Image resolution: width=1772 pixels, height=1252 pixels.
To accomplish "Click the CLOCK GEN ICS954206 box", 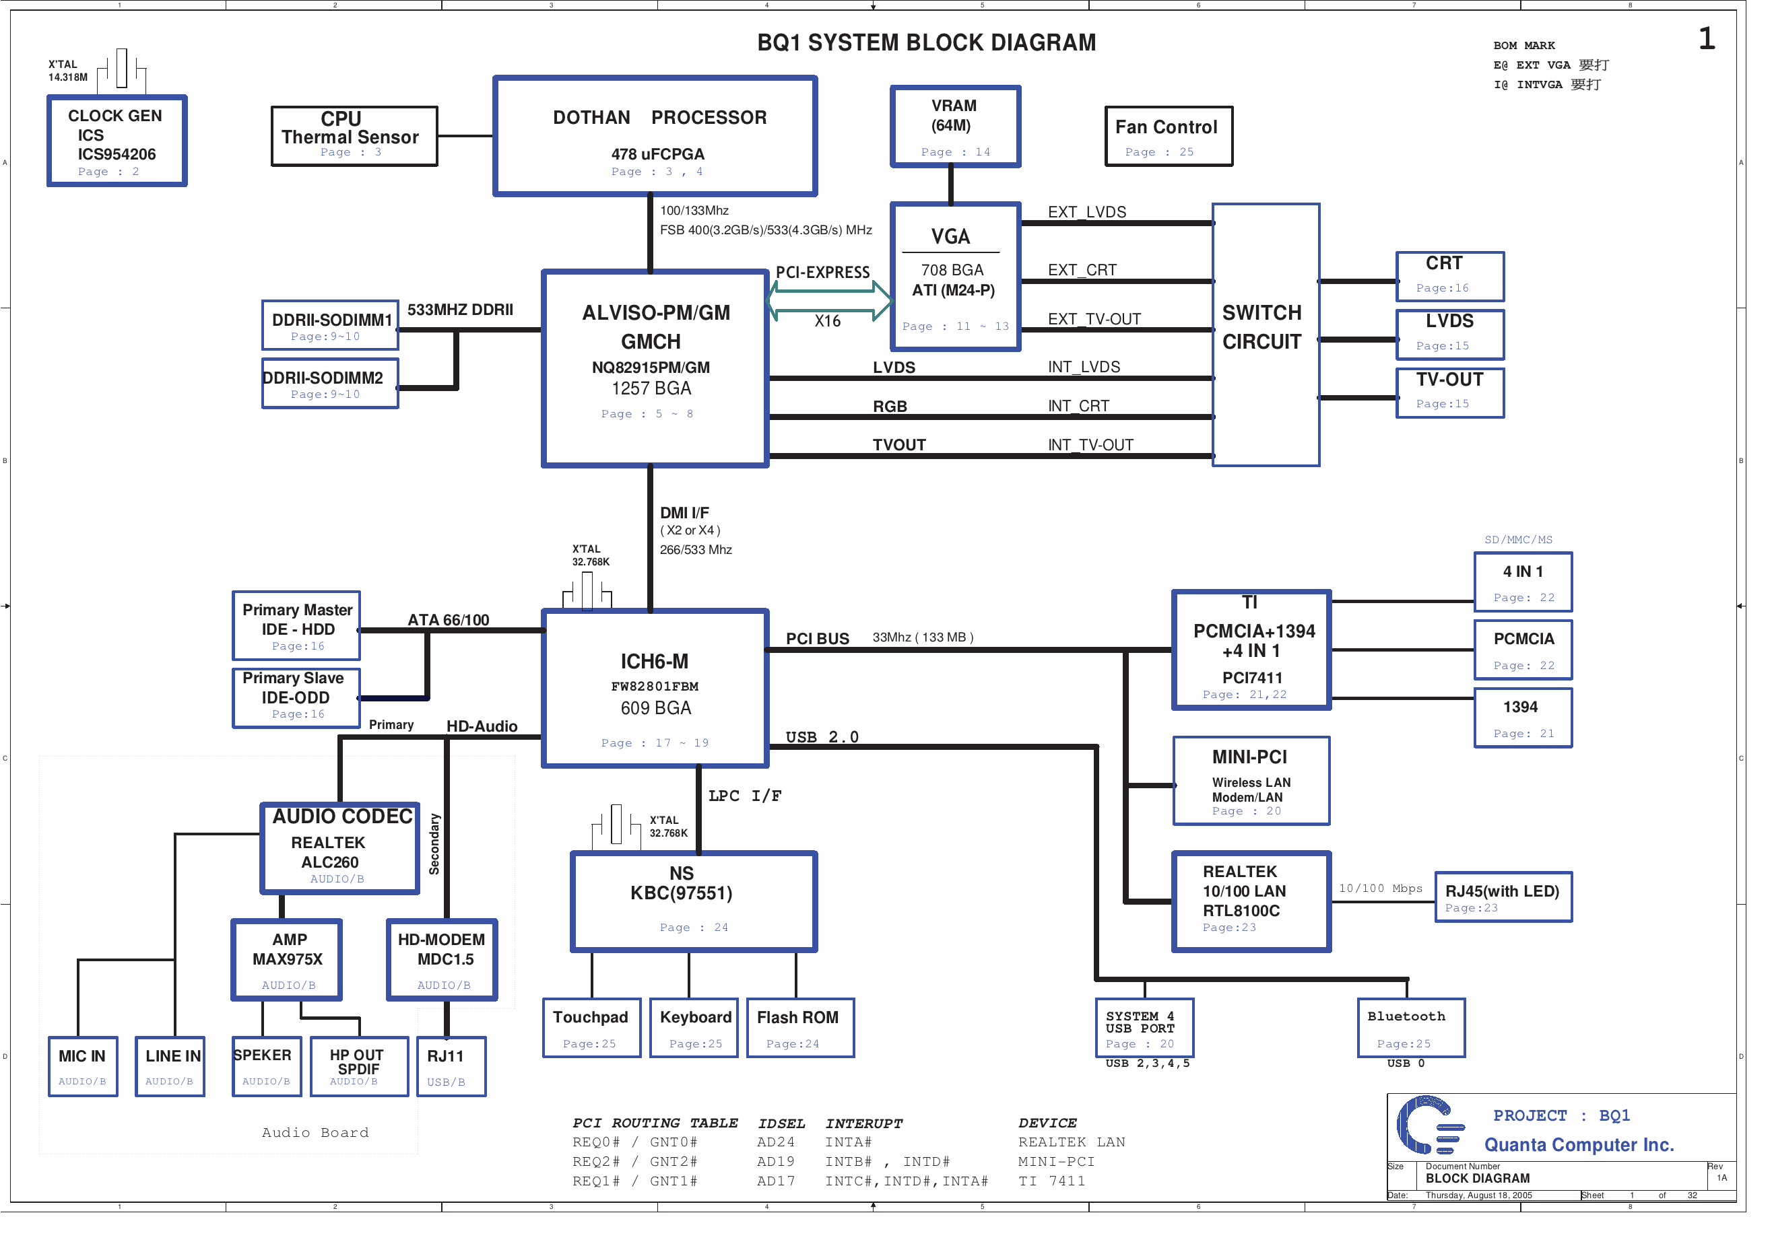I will [117, 141].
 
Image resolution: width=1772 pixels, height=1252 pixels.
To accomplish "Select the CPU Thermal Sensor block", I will [354, 137].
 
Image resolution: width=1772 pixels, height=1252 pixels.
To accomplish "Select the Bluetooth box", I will [1411, 1028].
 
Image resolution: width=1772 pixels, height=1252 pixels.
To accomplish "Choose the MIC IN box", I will [83, 1066].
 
